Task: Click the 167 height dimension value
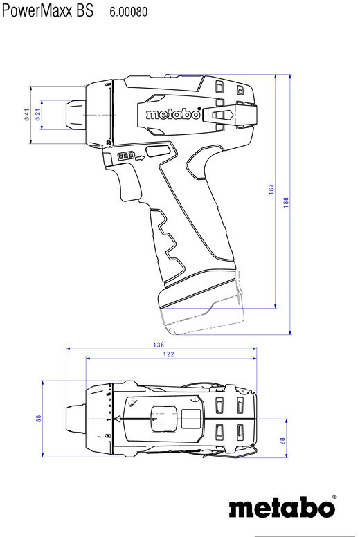tap(271, 190)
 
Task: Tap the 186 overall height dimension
tap(286, 203)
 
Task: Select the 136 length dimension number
tap(159, 345)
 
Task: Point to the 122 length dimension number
tap(168, 354)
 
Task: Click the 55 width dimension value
tap(39, 418)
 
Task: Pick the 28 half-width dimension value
tap(282, 441)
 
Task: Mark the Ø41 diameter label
tap(27, 114)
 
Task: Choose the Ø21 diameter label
tap(37, 114)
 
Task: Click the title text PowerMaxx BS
tap(48, 10)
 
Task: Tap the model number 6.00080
tap(129, 12)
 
